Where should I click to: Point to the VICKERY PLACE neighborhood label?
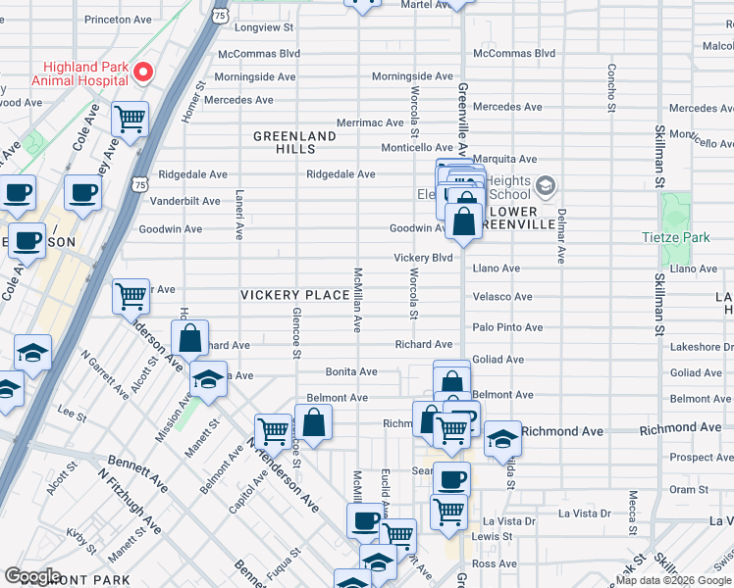tap(295, 295)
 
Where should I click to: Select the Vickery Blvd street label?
tap(423, 258)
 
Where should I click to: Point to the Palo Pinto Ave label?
tap(507, 327)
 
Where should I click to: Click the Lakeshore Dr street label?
tap(696, 347)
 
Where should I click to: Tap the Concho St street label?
tap(611, 86)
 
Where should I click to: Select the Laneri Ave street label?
tap(238, 216)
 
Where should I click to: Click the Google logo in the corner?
tap(32, 575)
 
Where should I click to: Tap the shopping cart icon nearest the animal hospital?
tap(130, 120)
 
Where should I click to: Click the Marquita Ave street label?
tap(504, 159)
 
